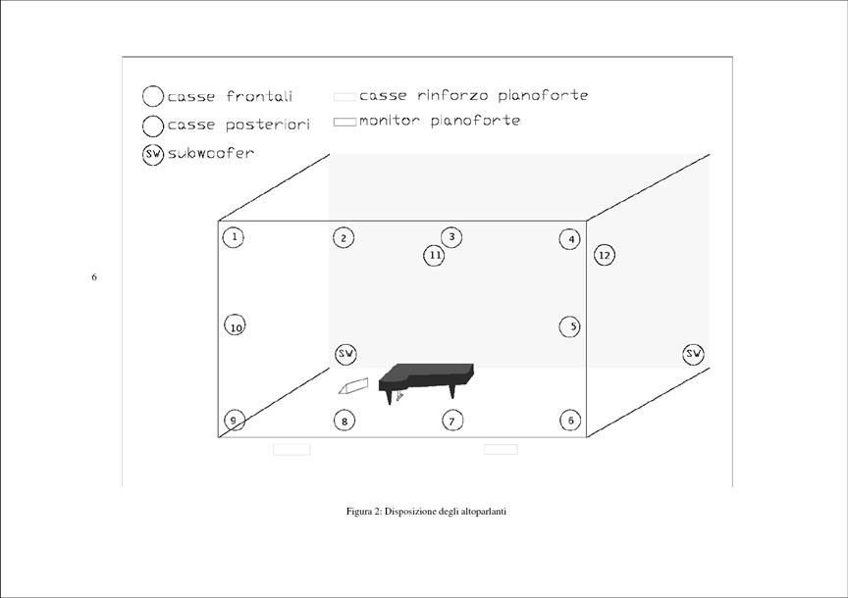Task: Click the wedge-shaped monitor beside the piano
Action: pyautogui.click(x=353, y=385)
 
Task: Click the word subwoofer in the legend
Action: pyautogui.click(x=211, y=153)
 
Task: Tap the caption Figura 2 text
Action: pyautogui.click(x=426, y=511)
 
